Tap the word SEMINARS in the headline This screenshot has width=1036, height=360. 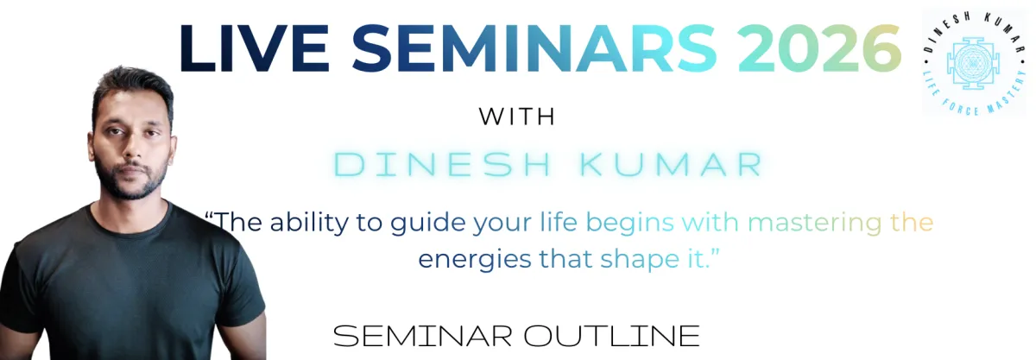click(534, 48)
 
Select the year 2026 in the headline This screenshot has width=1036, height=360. click(819, 48)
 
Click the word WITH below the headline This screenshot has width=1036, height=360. click(517, 117)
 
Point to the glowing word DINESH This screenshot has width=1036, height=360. click(443, 164)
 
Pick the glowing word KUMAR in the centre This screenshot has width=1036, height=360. click(671, 164)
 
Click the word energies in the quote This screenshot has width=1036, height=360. click(475, 260)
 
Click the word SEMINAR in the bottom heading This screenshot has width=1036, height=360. click(423, 336)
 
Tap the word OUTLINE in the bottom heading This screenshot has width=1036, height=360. click(611, 336)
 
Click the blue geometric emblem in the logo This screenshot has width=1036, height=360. click(973, 63)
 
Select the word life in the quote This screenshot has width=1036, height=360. click(559, 222)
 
